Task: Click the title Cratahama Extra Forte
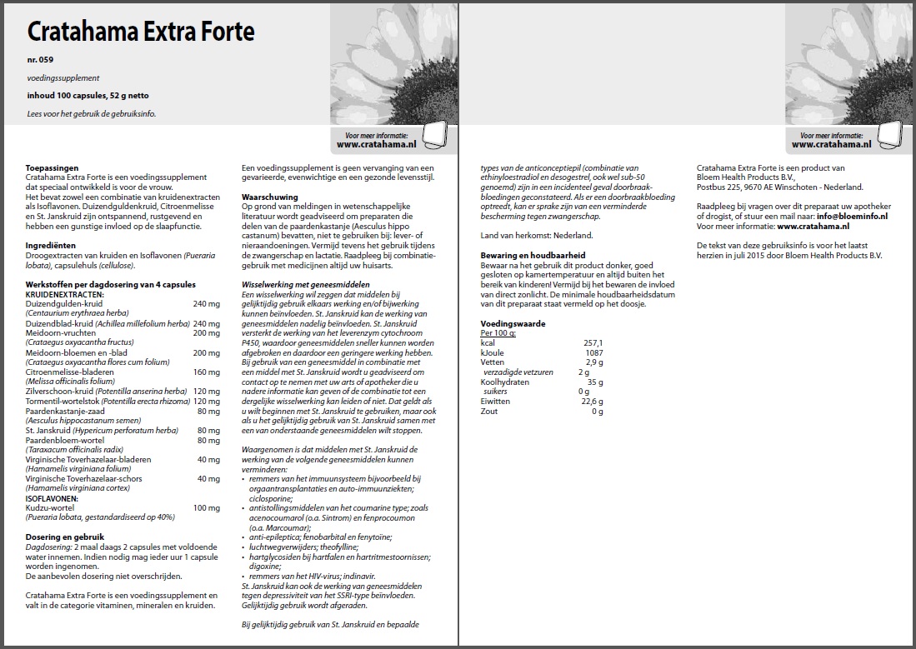[141, 32]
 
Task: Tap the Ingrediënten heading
[52, 246]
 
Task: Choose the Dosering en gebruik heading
[64, 537]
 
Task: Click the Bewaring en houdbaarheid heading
[533, 254]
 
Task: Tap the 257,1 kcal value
[593, 342]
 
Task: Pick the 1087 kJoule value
[593, 352]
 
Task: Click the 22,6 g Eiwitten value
[591, 402]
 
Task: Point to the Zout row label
[489, 411]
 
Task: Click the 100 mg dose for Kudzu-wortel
[207, 507]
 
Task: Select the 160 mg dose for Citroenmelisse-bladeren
[207, 372]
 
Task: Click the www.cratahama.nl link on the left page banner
[371, 144]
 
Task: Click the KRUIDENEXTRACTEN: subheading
[64, 295]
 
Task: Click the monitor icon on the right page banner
[889, 137]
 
